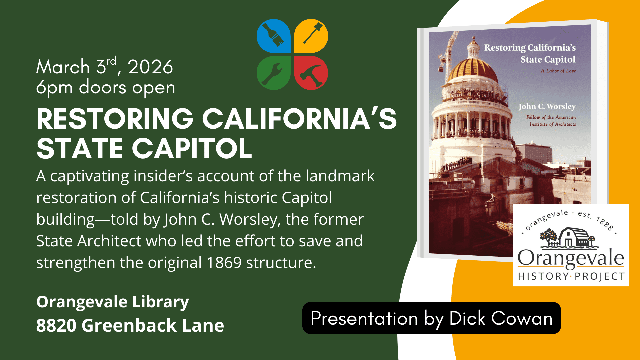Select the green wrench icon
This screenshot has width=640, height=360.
tap(274, 73)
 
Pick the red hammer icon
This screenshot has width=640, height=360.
tap(311, 73)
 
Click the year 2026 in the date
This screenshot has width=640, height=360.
tap(150, 67)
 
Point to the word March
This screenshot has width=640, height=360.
tap(63, 67)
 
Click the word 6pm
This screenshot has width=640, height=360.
tap(54, 88)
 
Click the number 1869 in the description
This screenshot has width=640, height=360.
tap(224, 263)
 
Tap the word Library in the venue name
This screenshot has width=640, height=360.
tap(160, 302)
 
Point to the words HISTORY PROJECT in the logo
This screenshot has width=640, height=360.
tap(571, 276)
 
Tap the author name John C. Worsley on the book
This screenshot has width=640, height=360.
tap(547, 107)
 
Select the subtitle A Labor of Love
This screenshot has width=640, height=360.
tap(558, 71)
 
